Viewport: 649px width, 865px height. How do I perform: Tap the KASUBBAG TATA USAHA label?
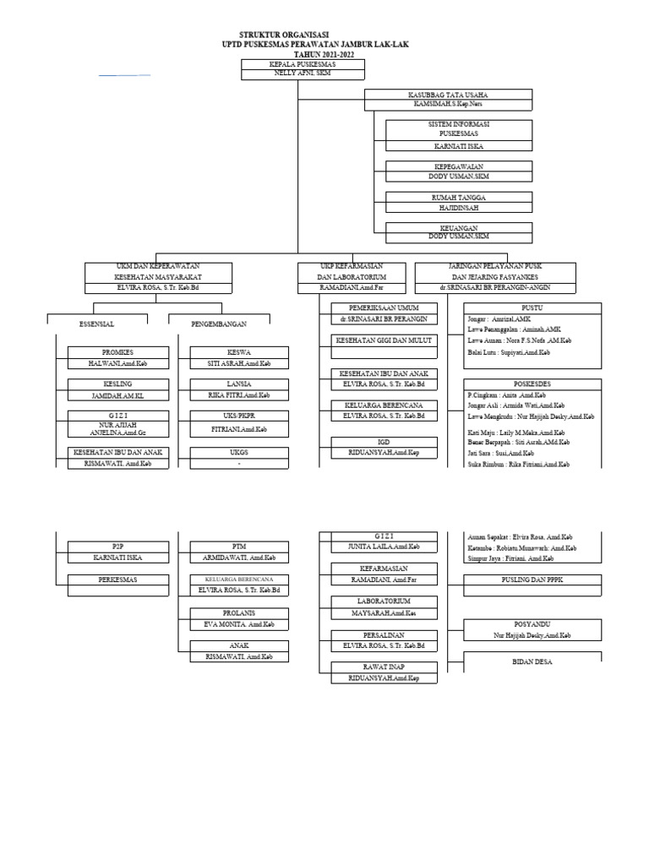[x=448, y=95]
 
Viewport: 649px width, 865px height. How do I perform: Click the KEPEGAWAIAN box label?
[x=459, y=167]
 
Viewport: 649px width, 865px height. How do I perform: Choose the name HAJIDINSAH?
[x=459, y=207]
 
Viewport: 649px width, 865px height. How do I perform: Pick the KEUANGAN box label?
[x=459, y=228]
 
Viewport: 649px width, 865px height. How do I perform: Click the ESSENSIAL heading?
[x=96, y=324]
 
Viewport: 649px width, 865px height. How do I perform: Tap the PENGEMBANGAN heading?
[x=219, y=324]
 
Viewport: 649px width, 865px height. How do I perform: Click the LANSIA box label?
[x=237, y=384]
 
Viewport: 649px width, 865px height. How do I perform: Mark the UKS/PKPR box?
[x=237, y=416]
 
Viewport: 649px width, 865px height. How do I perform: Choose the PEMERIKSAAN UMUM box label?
[x=384, y=307]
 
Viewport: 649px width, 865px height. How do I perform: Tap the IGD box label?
[x=384, y=442]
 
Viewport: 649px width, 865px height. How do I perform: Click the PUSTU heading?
[x=532, y=308]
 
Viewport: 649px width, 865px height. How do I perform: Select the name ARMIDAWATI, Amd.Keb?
[x=241, y=558]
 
